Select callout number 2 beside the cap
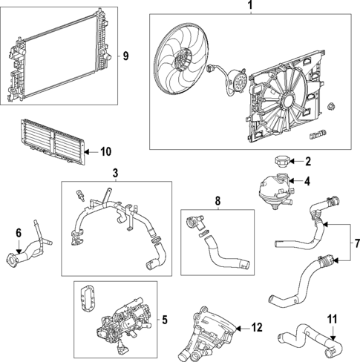coord(307,161)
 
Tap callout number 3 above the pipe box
coord(115,173)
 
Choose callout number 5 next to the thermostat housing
coord(164,320)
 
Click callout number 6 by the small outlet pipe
coord(19,233)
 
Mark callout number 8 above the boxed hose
coord(217,200)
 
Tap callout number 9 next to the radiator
coord(125,56)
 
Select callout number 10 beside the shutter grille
coord(105,152)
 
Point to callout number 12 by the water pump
coord(257,327)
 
